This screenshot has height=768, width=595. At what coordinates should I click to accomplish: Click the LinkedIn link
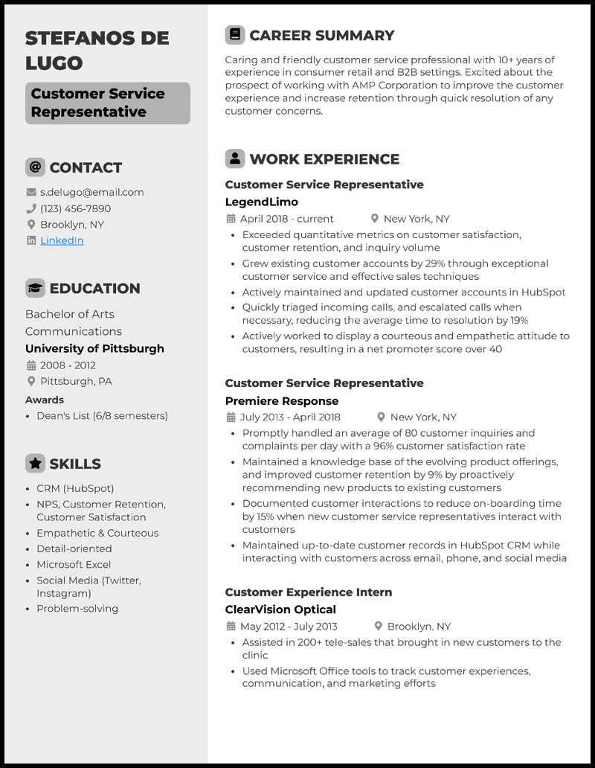point(62,240)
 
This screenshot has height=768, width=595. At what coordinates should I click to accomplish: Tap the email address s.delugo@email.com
point(91,192)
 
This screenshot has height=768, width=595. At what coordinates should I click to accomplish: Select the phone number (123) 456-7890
point(75,208)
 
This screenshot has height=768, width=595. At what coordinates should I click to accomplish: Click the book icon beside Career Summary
point(235,35)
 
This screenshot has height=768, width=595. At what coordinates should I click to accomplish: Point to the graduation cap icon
point(35,288)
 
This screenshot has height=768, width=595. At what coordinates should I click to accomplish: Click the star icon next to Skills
point(35,464)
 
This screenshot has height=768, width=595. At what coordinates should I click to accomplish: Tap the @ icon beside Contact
point(35,167)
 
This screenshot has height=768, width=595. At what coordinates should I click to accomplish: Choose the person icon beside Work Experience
point(235,159)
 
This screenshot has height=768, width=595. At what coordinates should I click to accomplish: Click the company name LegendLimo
point(261,202)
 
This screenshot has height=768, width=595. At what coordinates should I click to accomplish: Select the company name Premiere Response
point(281,400)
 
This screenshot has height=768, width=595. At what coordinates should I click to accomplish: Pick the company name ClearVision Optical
point(280,609)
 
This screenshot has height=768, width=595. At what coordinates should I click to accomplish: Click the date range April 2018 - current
point(286,219)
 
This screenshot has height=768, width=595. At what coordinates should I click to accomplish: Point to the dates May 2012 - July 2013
point(288,627)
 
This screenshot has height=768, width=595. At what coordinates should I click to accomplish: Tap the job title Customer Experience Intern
point(308,592)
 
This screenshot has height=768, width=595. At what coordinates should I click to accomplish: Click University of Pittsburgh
point(94,348)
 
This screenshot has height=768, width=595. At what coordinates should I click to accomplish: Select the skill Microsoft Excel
point(74,565)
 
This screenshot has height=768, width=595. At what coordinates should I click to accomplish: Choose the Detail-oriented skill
point(74,548)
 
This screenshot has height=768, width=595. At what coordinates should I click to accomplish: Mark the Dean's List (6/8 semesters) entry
point(102,416)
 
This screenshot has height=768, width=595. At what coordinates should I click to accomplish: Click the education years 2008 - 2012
point(68,365)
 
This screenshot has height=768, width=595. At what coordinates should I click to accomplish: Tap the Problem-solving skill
point(77,609)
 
